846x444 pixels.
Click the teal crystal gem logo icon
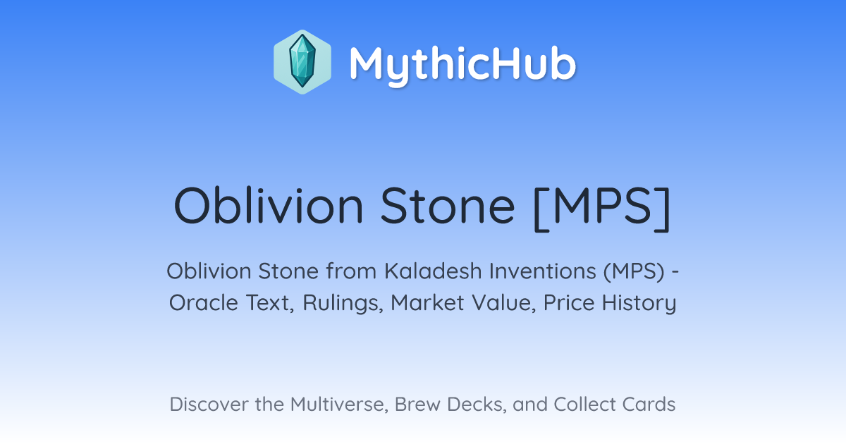point(302,62)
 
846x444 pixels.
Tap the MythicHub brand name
point(462,64)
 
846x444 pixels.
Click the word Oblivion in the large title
point(269,206)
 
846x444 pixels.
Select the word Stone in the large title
point(448,206)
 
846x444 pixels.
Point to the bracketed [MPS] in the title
point(602,208)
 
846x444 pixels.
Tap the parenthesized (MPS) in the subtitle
point(634,272)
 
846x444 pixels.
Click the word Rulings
point(343,304)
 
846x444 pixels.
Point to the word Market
point(427,303)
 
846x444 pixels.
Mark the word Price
point(569,303)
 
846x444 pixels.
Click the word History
point(639,304)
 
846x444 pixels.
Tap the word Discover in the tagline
point(209,405)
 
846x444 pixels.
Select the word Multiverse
point(339,405)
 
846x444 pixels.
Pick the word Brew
point(417,405)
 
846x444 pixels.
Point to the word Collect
point(584,405)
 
